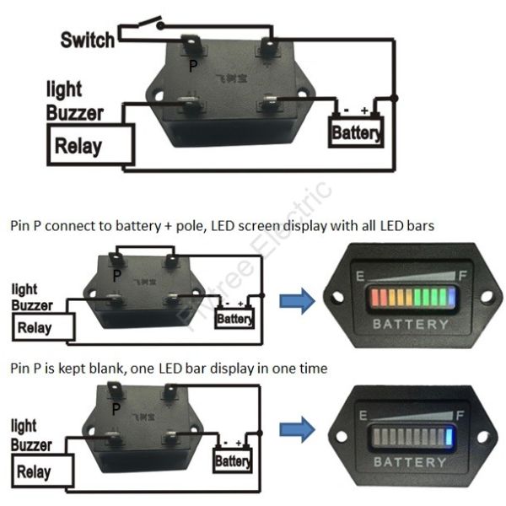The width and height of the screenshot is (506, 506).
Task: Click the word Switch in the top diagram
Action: (87, 39)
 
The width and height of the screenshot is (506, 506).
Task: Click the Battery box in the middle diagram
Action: (234, 319)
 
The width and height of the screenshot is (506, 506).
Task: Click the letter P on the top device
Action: (193, 65)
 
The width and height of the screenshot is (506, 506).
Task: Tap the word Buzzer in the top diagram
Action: (76, 111)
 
